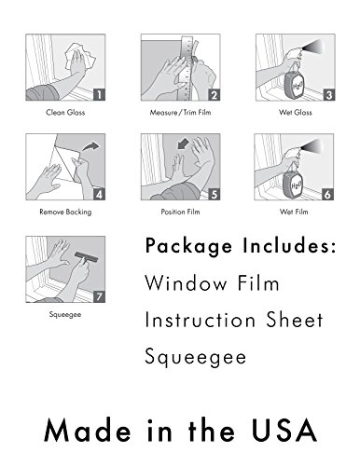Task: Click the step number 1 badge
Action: pos(100,94)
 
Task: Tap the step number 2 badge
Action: pos(215,94)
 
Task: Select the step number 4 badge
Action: pos(100,195)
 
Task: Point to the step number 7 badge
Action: pos(100,296)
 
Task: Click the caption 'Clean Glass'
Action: pos(65,112)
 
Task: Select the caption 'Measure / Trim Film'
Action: pos(180,112)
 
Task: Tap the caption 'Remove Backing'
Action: pos(65,212)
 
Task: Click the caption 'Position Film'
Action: pos(180,212)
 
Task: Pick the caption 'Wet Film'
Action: pos(294,212)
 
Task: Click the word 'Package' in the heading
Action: pos(188,247)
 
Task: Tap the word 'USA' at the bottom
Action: pos(284,431)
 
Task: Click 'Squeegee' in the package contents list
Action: pos(196,357)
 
